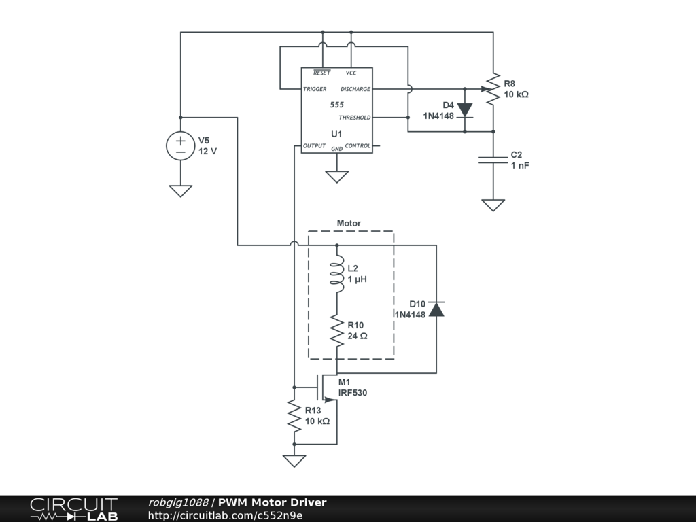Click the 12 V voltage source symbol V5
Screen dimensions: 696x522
click(x=181, y=145)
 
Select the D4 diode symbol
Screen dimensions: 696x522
click(x=465, y=110)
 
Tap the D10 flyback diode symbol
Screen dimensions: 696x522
click(x=436, y=309)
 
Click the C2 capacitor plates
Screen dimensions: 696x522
click(x=493, y=160)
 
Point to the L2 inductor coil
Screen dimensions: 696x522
click(x=337, y=274)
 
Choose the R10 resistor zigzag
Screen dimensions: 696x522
click(x=337, y=331)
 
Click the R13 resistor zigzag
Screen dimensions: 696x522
click(x=294, y=415)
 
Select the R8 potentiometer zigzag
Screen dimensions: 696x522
click(x=493, y=89)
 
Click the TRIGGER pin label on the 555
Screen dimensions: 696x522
click(x=315, y=89)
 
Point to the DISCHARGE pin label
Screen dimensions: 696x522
click(x=355, y=89)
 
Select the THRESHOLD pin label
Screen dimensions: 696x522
click(x=354, y=118)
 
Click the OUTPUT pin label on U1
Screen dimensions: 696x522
click(x=314, y=146)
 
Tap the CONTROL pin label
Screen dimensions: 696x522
click(x=358, y=146)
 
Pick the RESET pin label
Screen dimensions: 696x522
click(x=321, y=73)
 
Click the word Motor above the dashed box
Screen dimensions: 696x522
click(x=349, y=223)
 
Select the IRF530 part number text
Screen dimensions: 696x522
click(x=353, y=393)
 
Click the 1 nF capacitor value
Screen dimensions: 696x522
click(x=520, y=166)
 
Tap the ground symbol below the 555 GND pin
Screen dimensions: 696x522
click(x=337, y=177)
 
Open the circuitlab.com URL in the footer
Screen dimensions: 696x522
click(x=225, y=515)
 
